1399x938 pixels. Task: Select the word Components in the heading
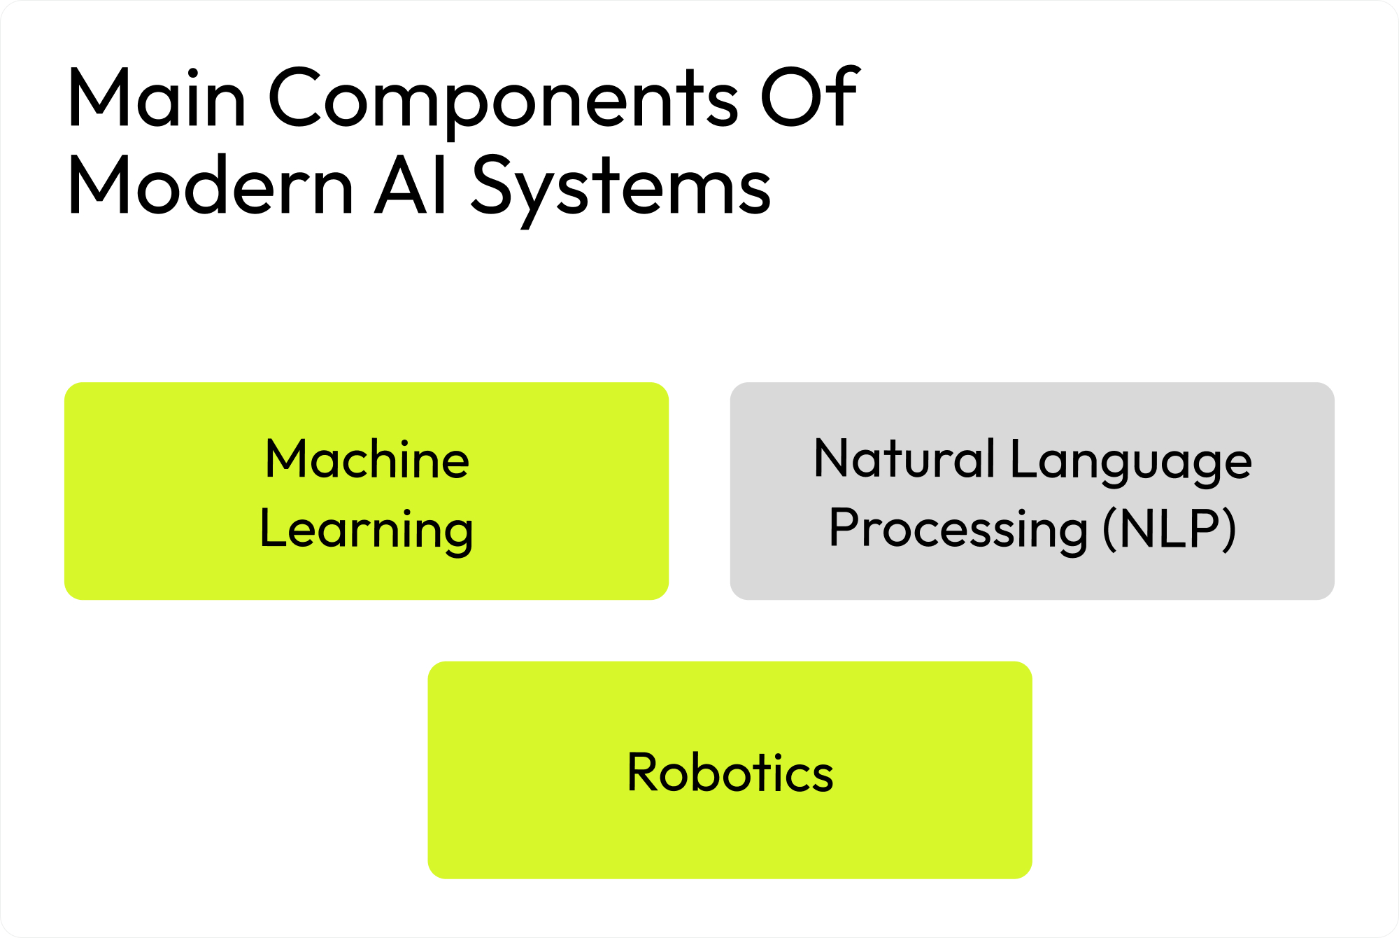(503, 100)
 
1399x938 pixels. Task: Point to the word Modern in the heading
(210, 186)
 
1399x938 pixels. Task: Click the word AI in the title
(412, 186)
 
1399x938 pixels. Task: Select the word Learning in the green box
(367, 530)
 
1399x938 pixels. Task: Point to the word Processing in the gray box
(958, 530)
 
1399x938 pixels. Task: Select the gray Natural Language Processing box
(1032, 574)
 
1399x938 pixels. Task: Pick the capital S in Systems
(493, 185)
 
